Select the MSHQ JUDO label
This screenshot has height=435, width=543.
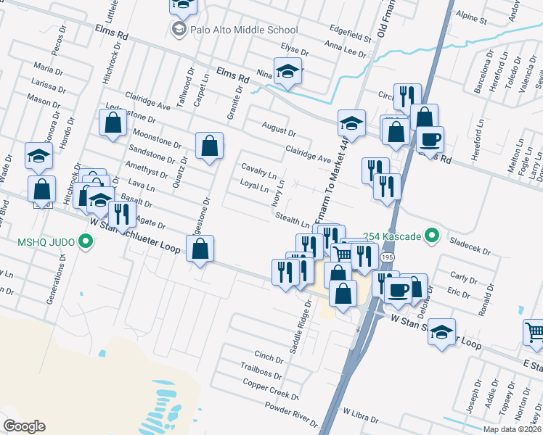tap(41, 241)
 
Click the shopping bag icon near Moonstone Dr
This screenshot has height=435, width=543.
tap(113, 124)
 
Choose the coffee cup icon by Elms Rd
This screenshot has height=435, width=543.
tap(429, 139)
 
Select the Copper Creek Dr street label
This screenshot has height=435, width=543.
tap(270, 390)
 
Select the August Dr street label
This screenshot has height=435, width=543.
tap(279, 129)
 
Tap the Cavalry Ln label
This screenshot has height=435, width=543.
tap(258, 171)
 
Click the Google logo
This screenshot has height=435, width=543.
tap(24, 426)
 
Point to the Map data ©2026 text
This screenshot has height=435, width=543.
tap(512, 429)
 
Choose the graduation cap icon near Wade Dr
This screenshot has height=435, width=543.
tap(38, 155)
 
